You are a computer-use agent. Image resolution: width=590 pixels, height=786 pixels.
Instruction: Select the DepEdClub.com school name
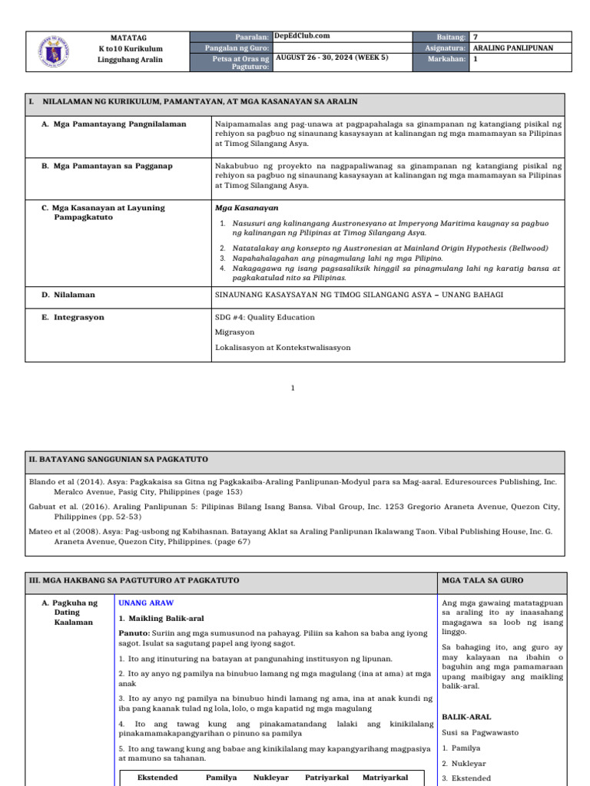click(x=302, y=36)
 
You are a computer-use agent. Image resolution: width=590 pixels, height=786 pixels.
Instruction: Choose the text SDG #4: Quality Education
click(x=265, y=317)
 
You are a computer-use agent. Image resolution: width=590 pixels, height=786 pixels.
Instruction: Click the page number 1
click(x=293, y=388)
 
